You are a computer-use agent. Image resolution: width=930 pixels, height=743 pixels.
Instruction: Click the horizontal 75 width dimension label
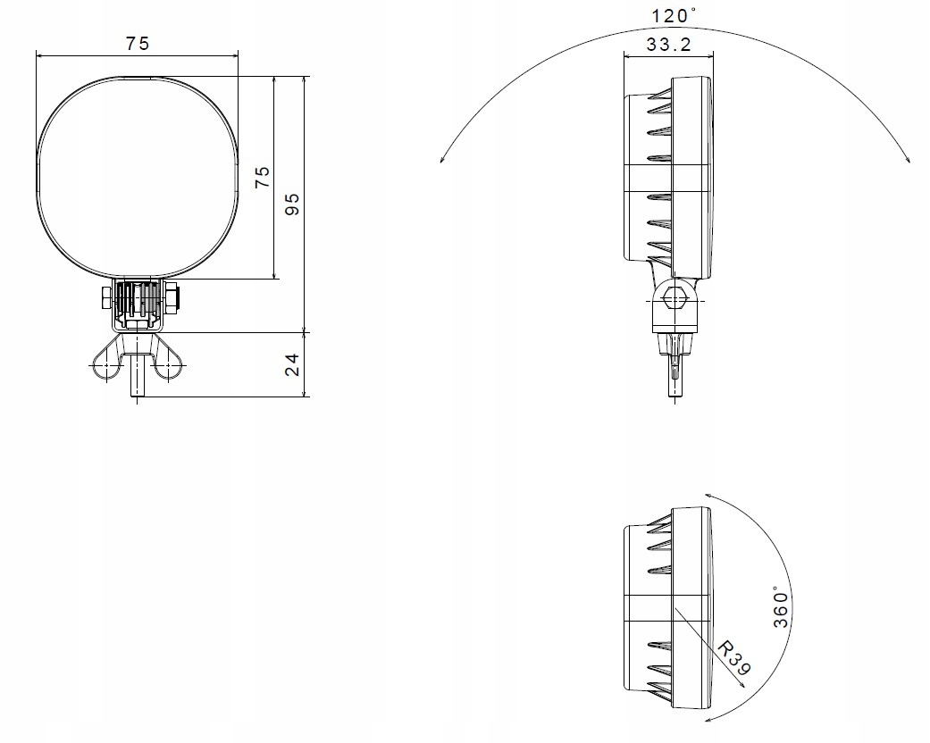[138, 43]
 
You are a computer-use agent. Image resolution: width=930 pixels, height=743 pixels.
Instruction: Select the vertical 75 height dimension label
[262, 177]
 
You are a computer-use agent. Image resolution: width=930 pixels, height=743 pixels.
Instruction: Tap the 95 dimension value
[292, 204]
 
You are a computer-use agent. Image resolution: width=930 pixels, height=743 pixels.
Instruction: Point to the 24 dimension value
[292, 364]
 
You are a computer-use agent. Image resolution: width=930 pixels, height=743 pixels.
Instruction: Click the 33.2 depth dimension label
[668, 45]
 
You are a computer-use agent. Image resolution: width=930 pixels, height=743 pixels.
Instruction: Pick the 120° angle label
[674, 15]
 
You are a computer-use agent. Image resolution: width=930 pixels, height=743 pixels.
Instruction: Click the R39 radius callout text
[734, 657]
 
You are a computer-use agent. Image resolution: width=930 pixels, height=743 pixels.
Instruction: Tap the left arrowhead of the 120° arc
[442, 158]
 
